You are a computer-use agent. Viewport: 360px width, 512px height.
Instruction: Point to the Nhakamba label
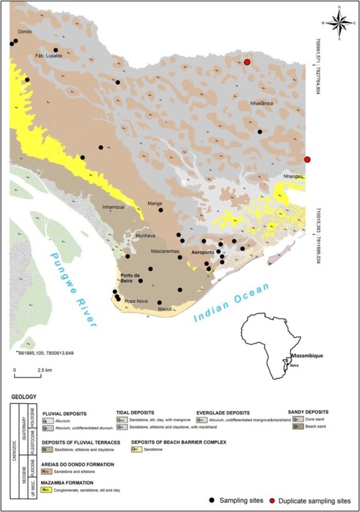[263, 104]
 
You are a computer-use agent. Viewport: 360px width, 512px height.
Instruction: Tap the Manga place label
[154, 203]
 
